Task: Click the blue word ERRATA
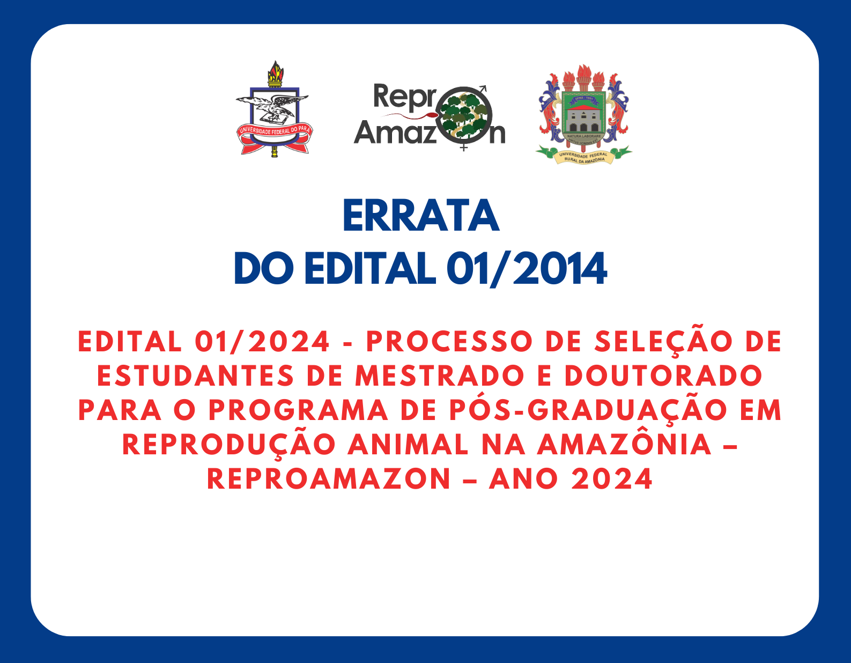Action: [421, 216]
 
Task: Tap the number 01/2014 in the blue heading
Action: [527, 269]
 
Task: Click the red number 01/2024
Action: [262, 342]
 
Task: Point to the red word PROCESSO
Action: [449, 342]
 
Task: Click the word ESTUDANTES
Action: [195, 376]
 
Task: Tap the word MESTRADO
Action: [439, 376]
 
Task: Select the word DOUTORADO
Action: [663, 376]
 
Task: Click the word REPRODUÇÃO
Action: [229, 444]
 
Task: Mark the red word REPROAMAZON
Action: [329, 479]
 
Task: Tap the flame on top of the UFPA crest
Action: [276, 71]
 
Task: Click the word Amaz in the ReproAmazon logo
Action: [395, 132]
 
